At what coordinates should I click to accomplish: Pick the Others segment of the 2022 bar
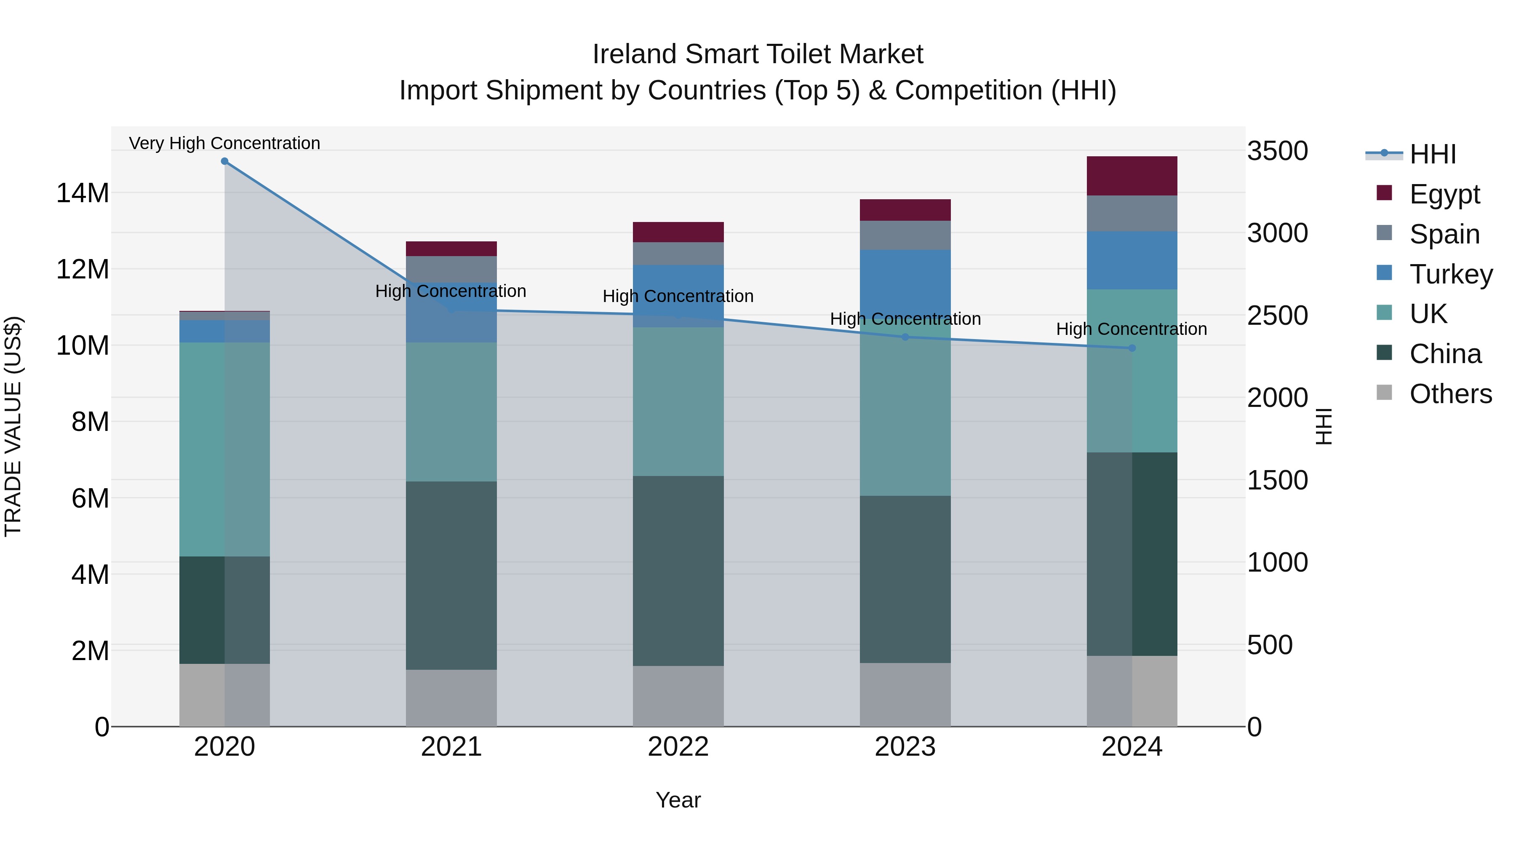pos(678,696)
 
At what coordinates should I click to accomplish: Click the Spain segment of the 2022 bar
pos(678,253)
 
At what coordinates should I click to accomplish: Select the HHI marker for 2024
pos(1132,348)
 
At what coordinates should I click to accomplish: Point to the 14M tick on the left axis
pos(83,193)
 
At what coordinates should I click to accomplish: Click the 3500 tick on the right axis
pos(1277,151)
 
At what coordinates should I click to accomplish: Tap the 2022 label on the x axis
pos(678,746)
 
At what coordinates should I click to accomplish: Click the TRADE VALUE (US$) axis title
pos(13,426)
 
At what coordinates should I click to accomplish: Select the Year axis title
pos(678,800)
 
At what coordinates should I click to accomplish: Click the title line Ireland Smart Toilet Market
pos(758,54)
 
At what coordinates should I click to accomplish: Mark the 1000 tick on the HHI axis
pos(1277,562)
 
